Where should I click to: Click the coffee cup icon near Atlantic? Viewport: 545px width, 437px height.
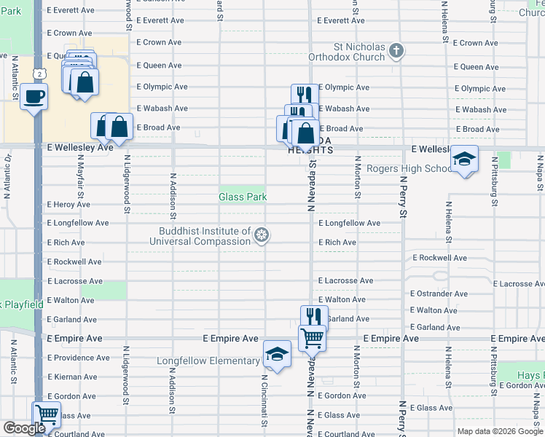coord(34,96)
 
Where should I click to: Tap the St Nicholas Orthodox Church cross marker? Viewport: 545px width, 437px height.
coord(396,50)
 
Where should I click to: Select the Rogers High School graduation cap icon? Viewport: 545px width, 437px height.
coord(463,159)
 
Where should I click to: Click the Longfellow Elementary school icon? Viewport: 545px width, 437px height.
coord(276,355)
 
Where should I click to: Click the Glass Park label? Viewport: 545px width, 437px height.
coord(243,197)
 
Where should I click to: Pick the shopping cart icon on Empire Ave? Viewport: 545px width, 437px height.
coord(312,337)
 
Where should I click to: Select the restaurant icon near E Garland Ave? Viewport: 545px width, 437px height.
coord(314,317)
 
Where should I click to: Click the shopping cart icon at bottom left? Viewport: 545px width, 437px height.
coord(47,414)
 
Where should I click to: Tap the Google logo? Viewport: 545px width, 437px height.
coord(23,428)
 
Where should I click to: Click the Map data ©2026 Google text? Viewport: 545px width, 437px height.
coord(499,431)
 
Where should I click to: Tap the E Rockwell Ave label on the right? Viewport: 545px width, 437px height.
coord(439,258)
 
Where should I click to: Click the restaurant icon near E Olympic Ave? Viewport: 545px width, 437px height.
coord(304,95)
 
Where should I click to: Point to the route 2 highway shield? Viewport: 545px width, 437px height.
coord(41,74)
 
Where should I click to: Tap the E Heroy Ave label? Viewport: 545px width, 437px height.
coord(68,205)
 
